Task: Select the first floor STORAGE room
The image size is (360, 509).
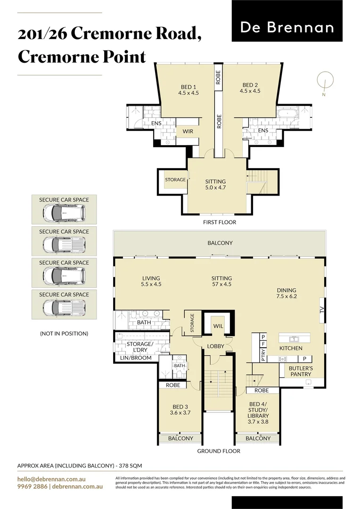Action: [x=175, y=180]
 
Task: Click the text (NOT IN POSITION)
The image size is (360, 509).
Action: [x=64, y=334]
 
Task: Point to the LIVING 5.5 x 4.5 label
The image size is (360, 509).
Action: [x=151, y=281]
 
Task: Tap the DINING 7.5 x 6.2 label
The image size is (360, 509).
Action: [x=286, y=293]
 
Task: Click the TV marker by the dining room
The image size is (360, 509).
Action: [x=322, y=311]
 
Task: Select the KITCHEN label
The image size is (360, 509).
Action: [x=291, y=348]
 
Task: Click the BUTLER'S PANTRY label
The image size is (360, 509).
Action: [x=301, y=371]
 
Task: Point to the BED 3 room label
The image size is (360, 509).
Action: [x=180, y=410]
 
